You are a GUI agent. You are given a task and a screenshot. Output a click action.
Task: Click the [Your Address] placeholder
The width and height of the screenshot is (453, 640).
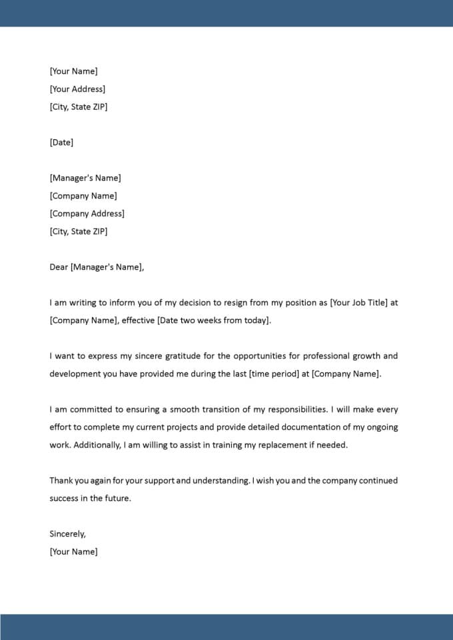point(77,89)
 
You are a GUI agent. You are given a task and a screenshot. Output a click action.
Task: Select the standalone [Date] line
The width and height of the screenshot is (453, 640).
point(61,143)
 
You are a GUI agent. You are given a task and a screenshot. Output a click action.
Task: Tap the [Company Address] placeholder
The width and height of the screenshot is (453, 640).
point(87,214)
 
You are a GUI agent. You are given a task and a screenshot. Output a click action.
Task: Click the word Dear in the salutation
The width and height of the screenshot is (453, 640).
point(59,267)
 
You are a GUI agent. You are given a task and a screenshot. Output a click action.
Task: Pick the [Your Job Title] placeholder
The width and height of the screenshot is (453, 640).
point(358,302)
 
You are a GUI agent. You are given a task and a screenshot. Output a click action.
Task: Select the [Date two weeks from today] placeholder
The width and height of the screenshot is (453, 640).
point(215,320)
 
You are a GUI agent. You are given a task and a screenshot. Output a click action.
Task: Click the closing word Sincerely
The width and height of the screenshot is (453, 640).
point(67,533)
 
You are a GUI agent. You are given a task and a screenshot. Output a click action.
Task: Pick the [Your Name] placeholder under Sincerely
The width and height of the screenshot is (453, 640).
point(73,551)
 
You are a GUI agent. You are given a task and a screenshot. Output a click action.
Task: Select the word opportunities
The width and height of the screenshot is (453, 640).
point(250,356)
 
